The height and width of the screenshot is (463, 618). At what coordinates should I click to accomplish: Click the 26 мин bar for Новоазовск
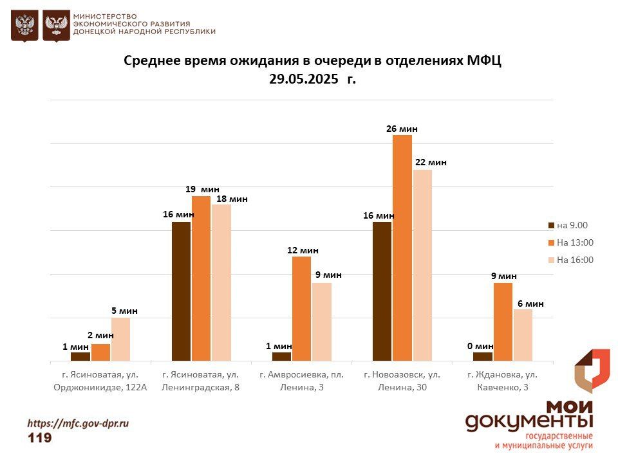[x=402, y=248]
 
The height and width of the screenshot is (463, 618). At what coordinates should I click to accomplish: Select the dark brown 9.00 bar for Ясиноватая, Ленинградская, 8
[x=181, y=291]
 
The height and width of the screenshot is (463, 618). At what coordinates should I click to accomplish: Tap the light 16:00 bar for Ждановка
[x=523, y=335]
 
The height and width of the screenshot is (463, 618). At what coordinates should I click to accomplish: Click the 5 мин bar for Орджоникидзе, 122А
[x=120, y=339]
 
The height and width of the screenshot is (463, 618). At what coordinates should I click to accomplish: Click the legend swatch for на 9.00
[x=551, y=225]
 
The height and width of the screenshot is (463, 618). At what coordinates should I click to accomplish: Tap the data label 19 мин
[x=202, y=189]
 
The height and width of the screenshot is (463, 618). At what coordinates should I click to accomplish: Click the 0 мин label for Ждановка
[x=480, y=346]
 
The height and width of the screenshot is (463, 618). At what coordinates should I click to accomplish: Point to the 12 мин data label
[x=303, y=250]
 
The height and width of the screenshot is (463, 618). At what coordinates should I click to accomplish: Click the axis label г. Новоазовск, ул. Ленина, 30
[x=402, y=381]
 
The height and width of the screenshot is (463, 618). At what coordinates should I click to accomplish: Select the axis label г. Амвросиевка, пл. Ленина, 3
[x=301, y=381]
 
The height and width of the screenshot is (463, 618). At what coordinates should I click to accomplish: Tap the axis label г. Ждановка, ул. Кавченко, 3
[x=503, y=381]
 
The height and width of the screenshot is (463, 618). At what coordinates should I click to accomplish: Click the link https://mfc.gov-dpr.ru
[x=78, y=423]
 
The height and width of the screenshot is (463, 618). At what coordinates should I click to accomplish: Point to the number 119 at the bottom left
[x=40, y=438]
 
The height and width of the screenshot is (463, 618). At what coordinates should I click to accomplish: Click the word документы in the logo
[x=529, y=421]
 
